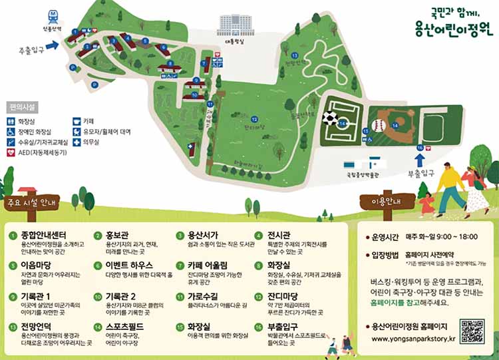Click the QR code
(x=472, y=331)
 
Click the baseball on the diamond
(x=379, y=124)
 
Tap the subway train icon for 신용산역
(x=53, y=15)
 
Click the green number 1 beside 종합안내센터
(x=13, y=236)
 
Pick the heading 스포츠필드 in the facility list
(x=124, y=327)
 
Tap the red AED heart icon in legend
(x=11, y=152)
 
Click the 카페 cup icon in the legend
(x=77, y=122)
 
